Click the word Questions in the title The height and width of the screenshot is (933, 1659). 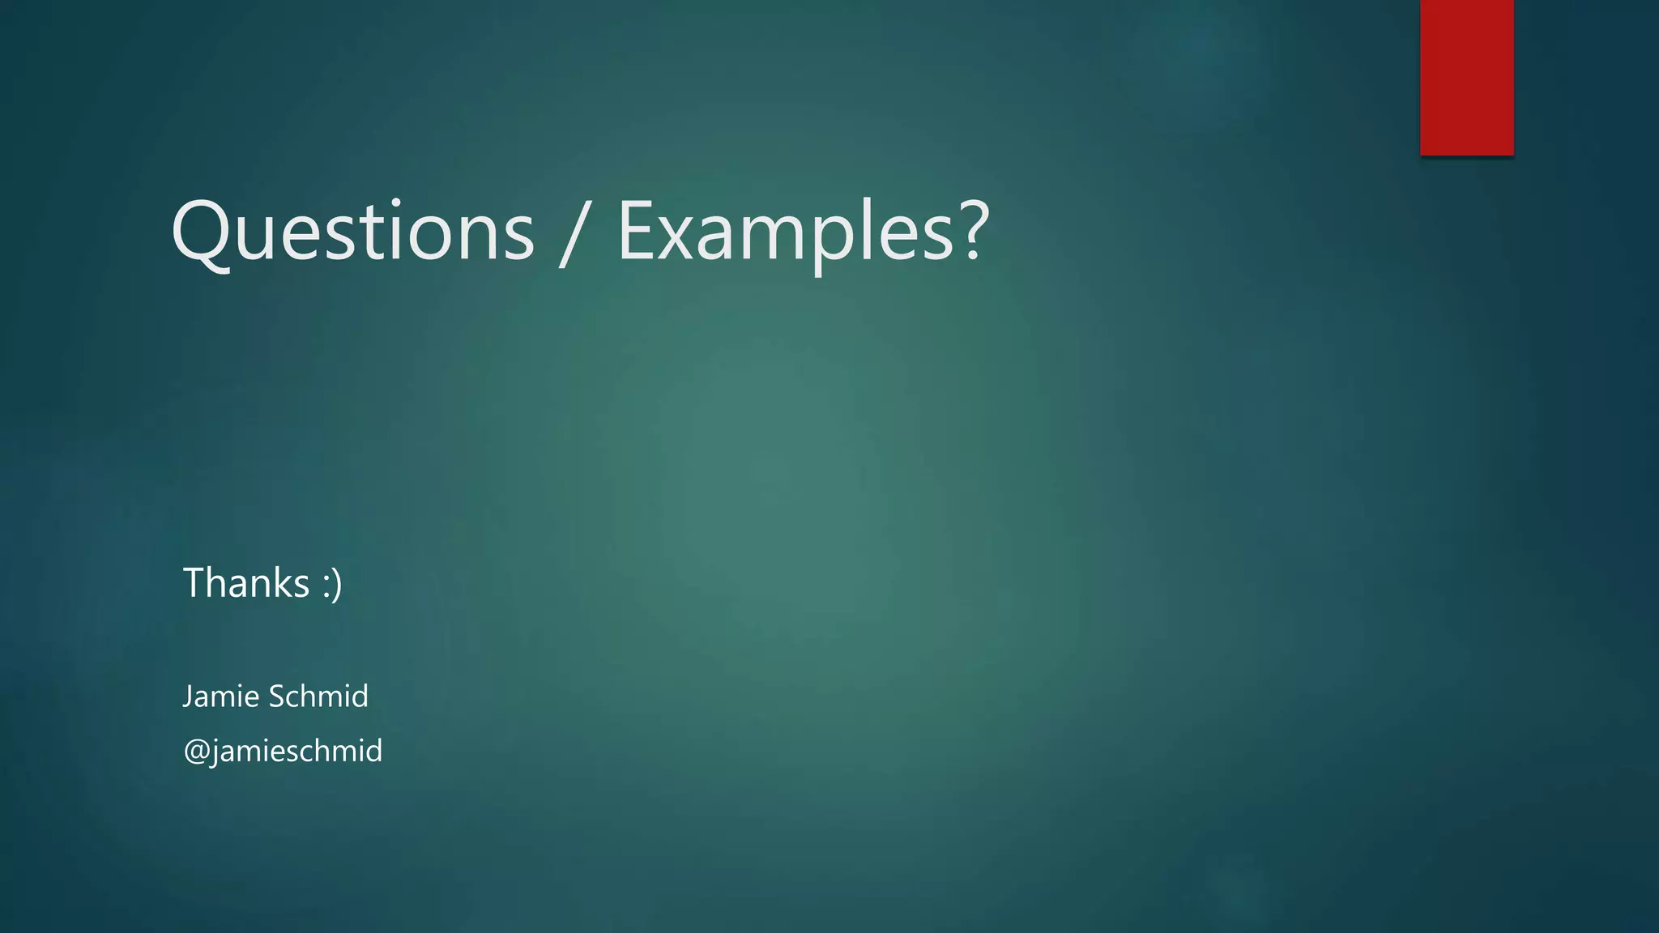(x=352, y=232)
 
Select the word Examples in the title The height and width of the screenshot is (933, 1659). (x=786, y=232)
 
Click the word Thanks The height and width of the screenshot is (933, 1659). (x=246, y=583)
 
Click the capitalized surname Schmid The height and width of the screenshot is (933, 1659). (x=318, y=697)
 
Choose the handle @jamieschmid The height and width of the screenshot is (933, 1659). (x=283, y=752)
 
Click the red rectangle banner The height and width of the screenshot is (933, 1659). (x=1466, y=77)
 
